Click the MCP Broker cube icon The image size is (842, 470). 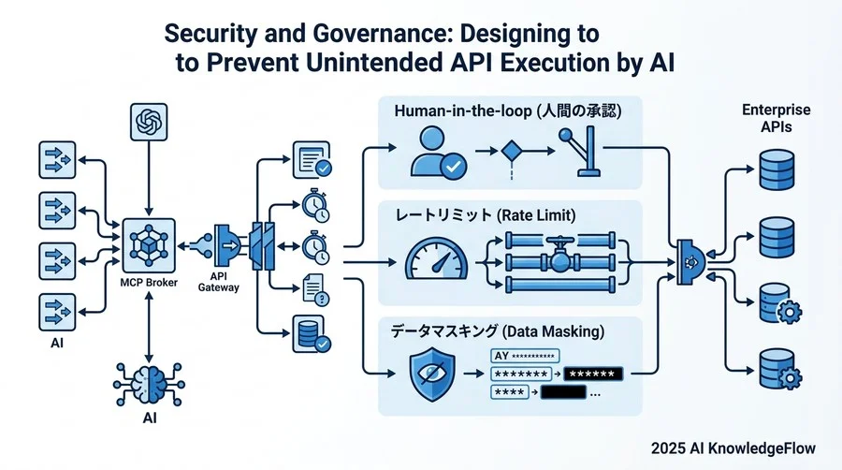pyautogui.click(x=149, y=245)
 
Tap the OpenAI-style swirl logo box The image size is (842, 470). pyautogui.click(x=149, y=122)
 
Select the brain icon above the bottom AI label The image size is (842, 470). pyautogui.click(x=150, y=384)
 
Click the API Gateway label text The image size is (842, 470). pyautogui.click(x=218, y=282)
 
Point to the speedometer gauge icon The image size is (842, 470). pyautogui.click(x=436, y=259)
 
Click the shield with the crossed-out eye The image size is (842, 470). pyautogui.click(x=432, y=374)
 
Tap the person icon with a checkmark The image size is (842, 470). pyautogui.click(x=438, y=153)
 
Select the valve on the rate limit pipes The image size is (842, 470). pyautogui.click(x=559, y=257)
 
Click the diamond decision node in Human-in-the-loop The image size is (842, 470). pyautogui.click(x=511, y=151)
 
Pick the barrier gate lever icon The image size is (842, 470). pyautogui.click(x=580, y=151)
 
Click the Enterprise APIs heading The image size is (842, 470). pyautogui.click(x=776, y=118)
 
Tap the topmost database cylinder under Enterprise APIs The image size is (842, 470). pyautogui.click(x=777, y=169)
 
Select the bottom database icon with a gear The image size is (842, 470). pyautogui.click(x=780, y=370)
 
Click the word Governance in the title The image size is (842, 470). pyautogui.click(x=383, y=34)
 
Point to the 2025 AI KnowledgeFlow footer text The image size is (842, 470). pyautogui.click(x=733, y=448)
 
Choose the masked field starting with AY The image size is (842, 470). pyautogui.click(x=525, y=356)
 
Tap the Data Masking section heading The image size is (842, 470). pyautogui.click(x=498, y=330)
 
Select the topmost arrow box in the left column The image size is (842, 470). pyautogui.click(x=57, y=159)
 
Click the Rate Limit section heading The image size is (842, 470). pyautogui.click(x=486, y=215)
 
